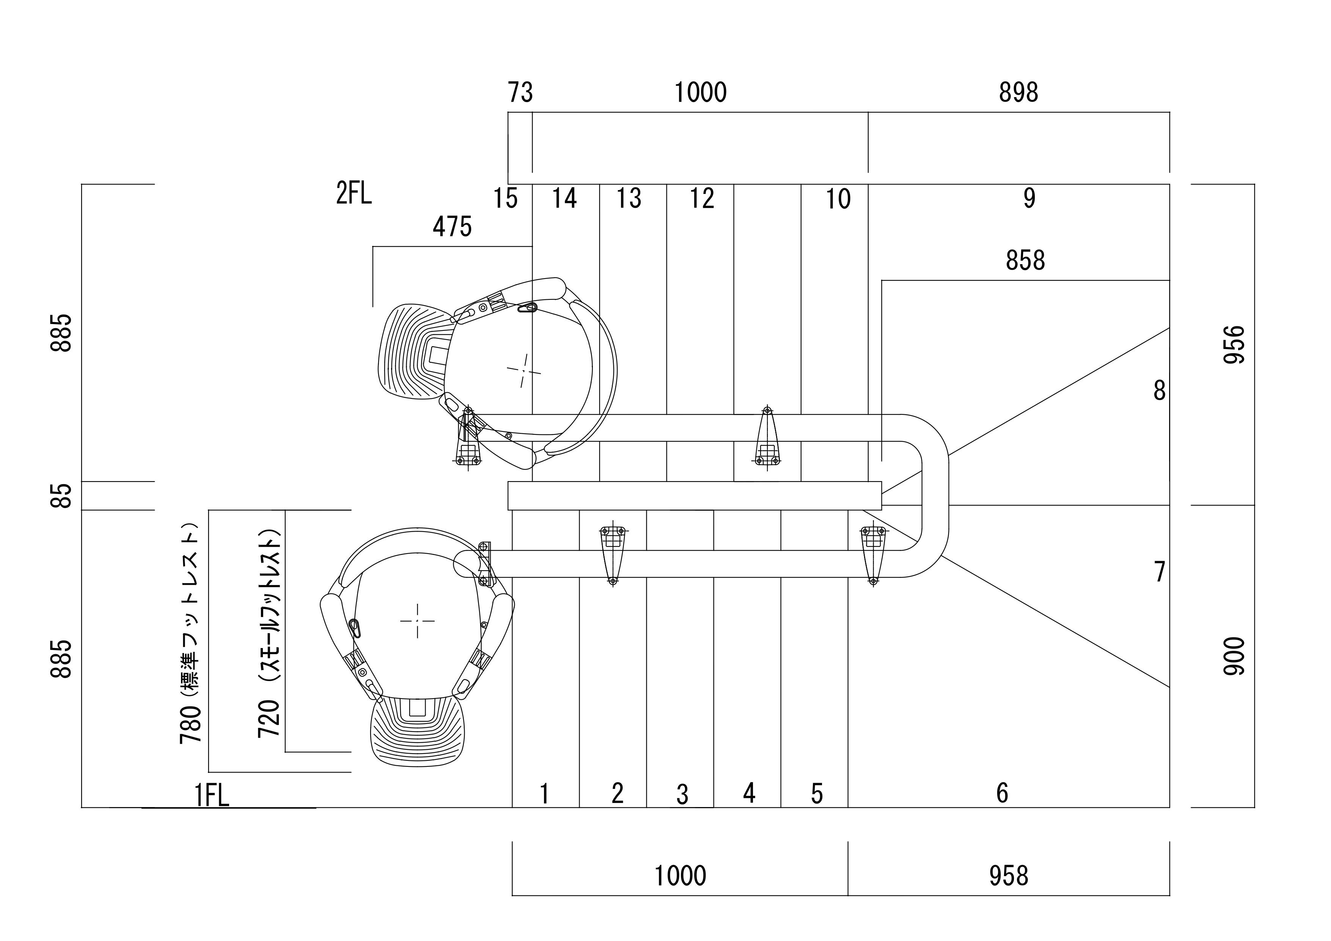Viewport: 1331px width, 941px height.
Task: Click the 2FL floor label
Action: [x=354, y=194]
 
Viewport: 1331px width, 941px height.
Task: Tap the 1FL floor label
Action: [x=212, y=795]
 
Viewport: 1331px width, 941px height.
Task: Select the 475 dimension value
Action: [x=452, y=227]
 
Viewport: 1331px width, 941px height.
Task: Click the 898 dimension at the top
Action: [x=1018, y=92]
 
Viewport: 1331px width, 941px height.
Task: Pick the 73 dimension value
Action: [x=520, y=92]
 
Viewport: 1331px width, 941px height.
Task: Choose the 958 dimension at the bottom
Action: [x=1009, y=876]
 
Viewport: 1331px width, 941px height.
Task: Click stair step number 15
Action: [x=505, y=198]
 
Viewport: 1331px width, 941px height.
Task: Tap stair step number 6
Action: [x=1002, y=793]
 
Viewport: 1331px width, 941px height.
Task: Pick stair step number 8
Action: [x=1160, y=391]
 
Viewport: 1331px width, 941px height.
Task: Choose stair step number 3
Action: [x=682, y=794]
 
